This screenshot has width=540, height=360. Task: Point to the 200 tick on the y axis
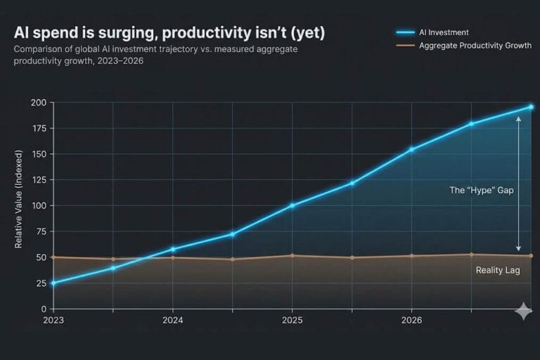point(39,103)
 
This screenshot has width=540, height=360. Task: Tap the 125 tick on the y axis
point(39,180)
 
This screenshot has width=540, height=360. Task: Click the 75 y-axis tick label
point(41,231)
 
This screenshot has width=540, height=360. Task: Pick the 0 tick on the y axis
point(44,309)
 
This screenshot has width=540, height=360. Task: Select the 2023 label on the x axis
point(53,320)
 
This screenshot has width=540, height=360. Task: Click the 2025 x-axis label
point(292,320)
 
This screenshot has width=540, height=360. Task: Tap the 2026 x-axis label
point(411,320)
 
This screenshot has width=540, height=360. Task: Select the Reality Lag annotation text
point(498,270)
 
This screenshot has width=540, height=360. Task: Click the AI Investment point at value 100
point(292,205)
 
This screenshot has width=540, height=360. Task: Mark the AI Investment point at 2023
point(53,283)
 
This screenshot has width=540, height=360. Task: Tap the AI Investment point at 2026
point(411,149)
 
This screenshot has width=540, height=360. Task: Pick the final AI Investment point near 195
point(531,107)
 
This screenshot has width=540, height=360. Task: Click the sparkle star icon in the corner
point(523,311)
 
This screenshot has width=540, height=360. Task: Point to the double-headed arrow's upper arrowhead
point(518,120)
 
